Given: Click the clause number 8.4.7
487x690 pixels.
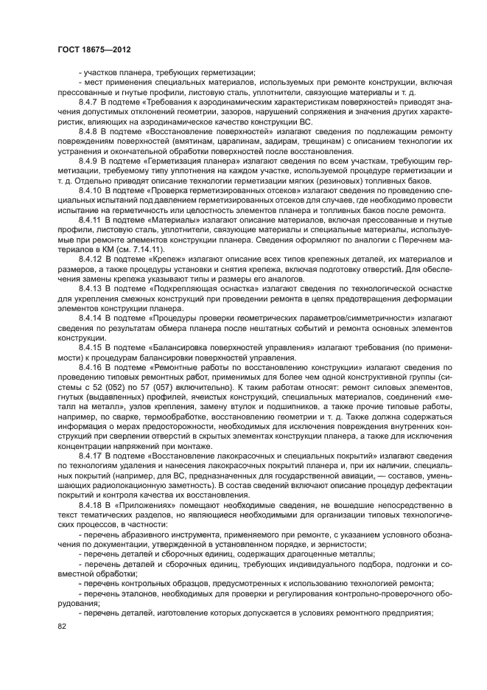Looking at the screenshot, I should (x=89, y=101).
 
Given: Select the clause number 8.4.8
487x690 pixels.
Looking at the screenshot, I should (x=89, y=130).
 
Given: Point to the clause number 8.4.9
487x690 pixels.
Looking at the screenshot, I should (x=89, y=158).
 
